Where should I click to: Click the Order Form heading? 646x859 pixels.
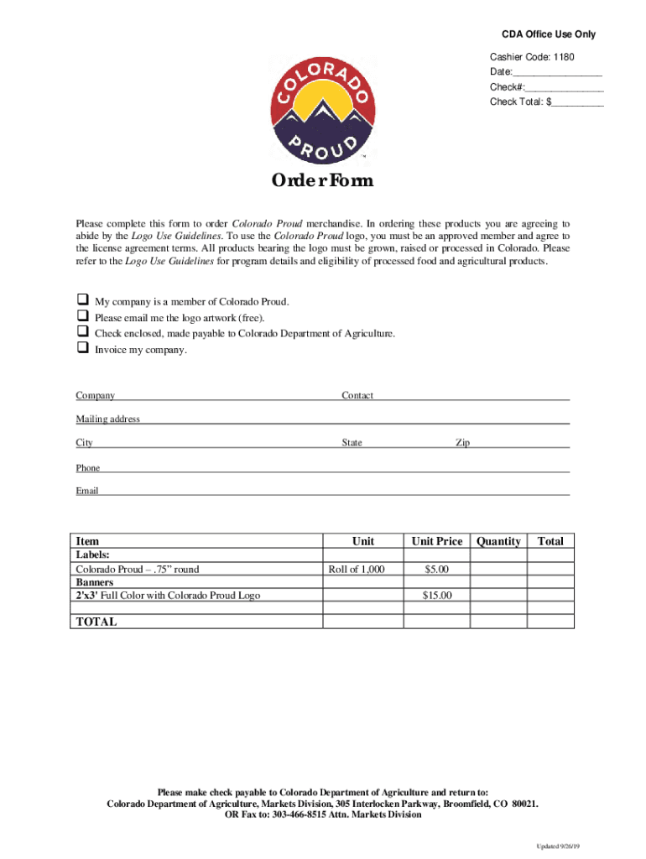pyautogui.click(x=321, y=182)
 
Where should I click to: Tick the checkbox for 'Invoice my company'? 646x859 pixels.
pyautogui.click(x=82, y=349)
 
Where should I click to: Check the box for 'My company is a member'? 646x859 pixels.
pyautogui.click(x=82, y=300)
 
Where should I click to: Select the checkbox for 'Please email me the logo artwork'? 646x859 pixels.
pyautogui.click(x=82, y=316)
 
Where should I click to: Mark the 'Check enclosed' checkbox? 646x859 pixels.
pyautogui.click(x=82, y=332)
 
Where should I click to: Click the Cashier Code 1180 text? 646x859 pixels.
pyautogui.click(x=533, y=57)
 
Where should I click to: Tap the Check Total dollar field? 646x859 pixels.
pyautogui.click(x=577, y=102)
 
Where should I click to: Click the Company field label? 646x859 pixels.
pyautogui.click(x=96, y=396)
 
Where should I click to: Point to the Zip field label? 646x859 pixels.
pyautogui.click(x=462, y=443)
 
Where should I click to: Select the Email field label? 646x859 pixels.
pyautogui.click(x=87, y=491)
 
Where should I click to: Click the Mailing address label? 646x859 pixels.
pyautogui.click(x=108, y=419)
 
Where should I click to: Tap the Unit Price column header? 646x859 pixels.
pyautogui.click(x=436, y=541)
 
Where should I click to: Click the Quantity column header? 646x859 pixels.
pyautogui.click(x=498, y=541)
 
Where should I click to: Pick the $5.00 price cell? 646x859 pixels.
pyautogui.click(x=436, y=570)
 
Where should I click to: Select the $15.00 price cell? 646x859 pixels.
pyautogui.click(x=436, y=596)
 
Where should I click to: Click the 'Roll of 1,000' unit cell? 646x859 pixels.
pyautogui.click(x=357, y=570)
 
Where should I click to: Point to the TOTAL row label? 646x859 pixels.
pyautogui.click(x=96, y=622)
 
